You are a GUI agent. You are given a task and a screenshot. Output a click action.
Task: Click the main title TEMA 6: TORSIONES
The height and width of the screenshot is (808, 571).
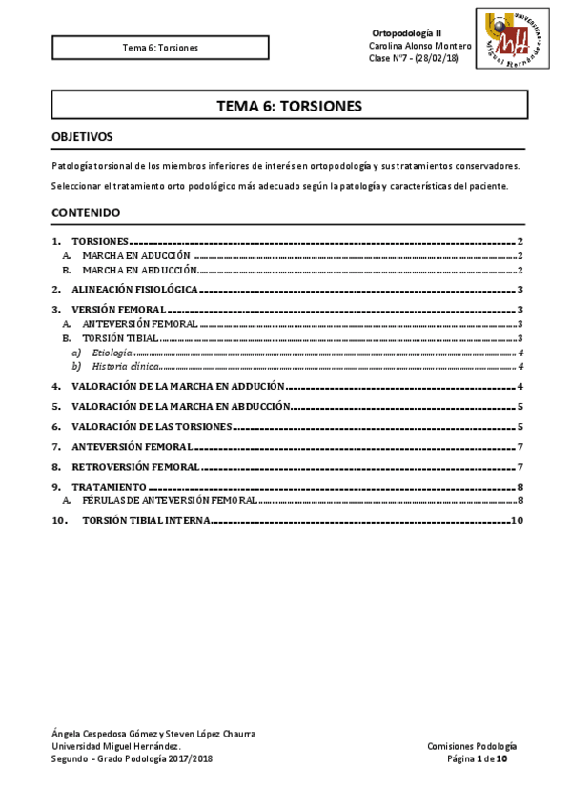point(289,106)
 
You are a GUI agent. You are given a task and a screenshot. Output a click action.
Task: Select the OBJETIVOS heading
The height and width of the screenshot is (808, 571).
point(82,137)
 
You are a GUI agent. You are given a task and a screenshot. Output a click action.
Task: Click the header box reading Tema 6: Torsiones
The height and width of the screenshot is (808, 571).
point(160,47)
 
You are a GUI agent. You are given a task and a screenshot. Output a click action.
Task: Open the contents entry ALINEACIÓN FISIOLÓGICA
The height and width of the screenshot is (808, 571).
point(134,288)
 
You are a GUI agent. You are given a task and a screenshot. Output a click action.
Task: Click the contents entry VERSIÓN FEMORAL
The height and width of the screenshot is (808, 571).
point(118,310)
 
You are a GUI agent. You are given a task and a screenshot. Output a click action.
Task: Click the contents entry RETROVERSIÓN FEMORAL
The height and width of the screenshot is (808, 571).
point(135,467)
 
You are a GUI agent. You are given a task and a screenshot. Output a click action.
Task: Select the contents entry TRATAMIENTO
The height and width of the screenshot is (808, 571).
point(109,487)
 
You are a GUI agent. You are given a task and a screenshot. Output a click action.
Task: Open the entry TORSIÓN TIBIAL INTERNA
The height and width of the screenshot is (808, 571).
point(146,521)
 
